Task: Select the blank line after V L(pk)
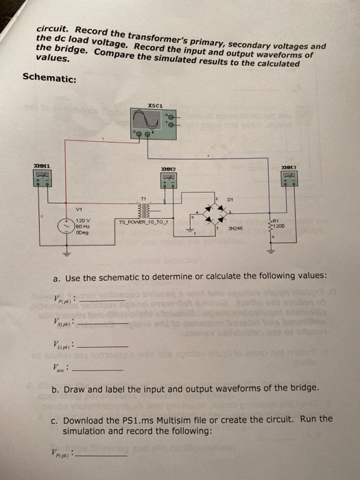click(103, 347)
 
